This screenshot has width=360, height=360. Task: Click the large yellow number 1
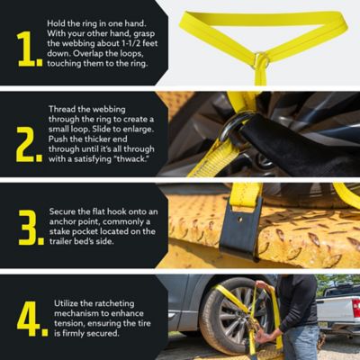30,49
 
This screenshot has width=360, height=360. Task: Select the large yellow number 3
30,229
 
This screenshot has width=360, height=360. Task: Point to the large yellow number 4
30,318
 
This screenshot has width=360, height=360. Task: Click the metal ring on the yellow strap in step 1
260,61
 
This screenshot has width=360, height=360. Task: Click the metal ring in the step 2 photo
236,126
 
